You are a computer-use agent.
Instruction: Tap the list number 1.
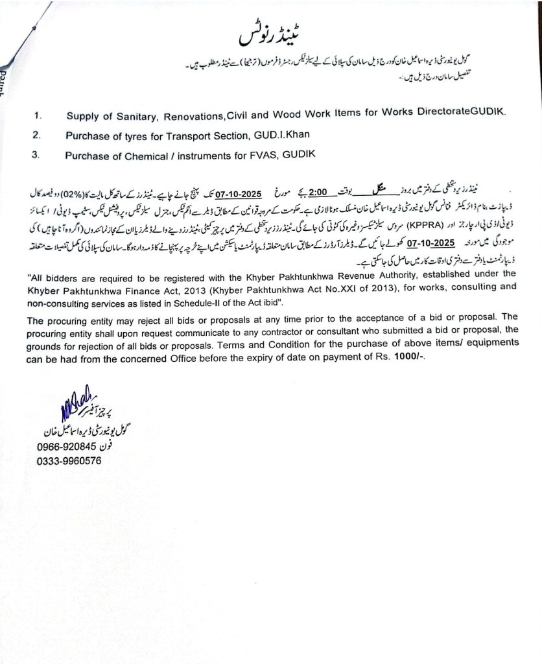pos(38,117)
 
